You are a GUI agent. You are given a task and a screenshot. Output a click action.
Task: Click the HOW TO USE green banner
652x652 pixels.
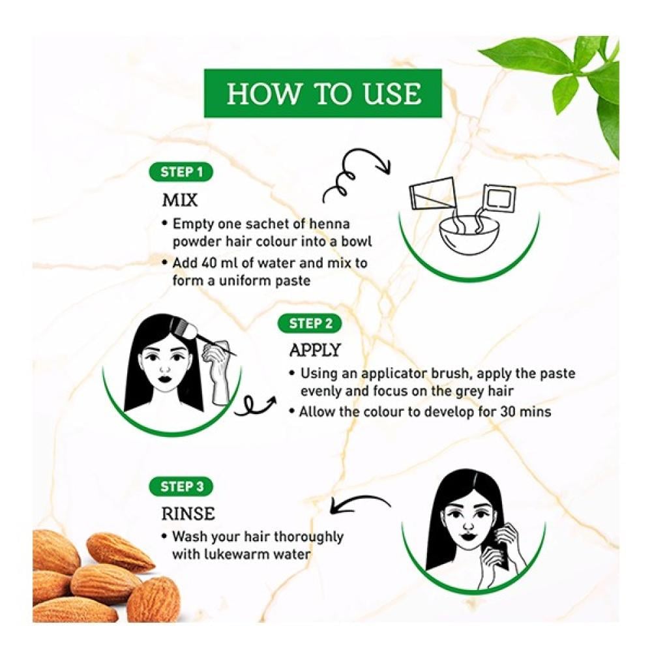pyautogui.click(x=323, y=93)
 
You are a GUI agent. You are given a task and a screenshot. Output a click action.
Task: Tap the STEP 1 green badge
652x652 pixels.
pyautogui.click(x=181, y=172)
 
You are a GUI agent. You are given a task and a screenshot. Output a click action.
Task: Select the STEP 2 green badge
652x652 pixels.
pyautogui.click(x=309, y=323)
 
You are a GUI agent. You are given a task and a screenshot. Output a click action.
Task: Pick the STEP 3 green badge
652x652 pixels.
pyautogui.click(x=181, y=486)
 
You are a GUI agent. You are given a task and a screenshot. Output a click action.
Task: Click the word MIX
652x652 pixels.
pyautogui.click(x=180, y=200)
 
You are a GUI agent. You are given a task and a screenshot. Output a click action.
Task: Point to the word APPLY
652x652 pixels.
pyautogui.click(x=315, y=351)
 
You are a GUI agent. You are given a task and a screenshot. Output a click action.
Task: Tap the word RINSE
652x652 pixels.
pyautogui.click(x=188, y=514)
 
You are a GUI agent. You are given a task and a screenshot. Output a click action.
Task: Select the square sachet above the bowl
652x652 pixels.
pyautogui.click(x=499, y=197)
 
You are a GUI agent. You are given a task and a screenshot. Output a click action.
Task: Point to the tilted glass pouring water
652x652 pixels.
pyautogui.click(x=433, y=194)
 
